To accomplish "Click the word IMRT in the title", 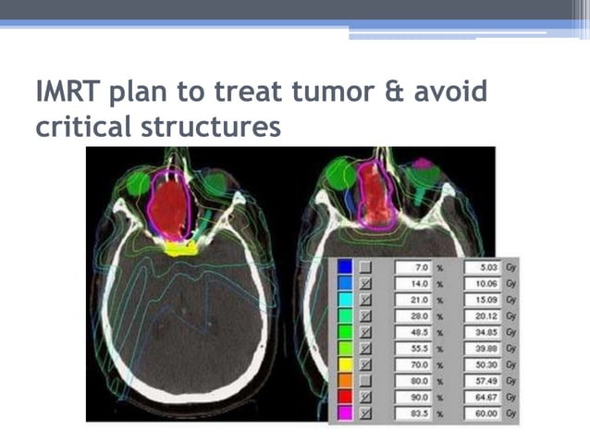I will pos(68,92).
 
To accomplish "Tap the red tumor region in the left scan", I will pos(168,208).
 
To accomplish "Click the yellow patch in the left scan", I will pos(178,247).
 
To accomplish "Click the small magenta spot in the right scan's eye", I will pos(423,164).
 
